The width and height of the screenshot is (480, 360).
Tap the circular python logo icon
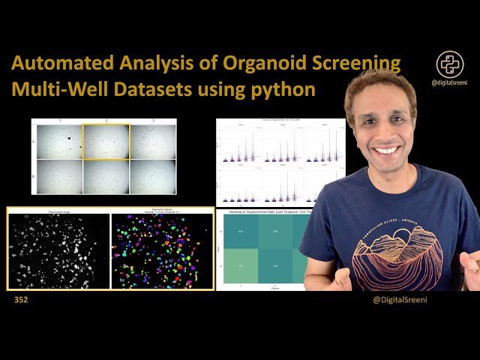click(x=450, y=64)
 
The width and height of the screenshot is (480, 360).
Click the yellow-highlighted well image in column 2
click(x=106, y=142)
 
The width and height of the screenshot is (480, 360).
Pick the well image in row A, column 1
click(x=58, y=142)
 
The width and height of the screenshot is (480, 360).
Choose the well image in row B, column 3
click(x=153, y=177)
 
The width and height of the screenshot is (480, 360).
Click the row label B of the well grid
click(x=33, y=177)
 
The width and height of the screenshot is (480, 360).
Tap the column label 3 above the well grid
click(x=153, y=121)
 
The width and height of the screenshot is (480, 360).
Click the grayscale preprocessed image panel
click(x=58, y=250)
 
